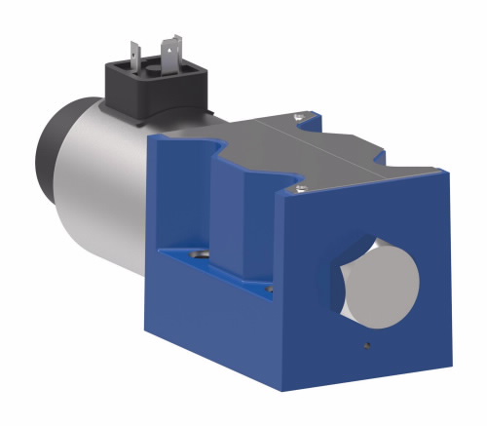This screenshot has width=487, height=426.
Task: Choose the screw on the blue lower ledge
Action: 199,253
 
